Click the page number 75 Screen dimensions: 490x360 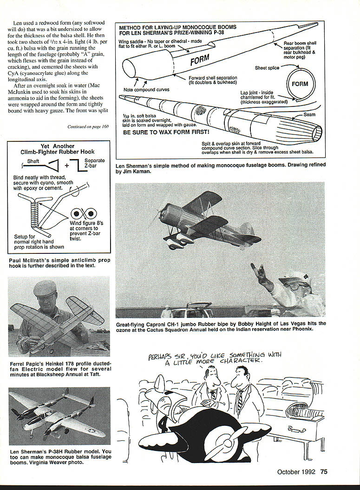tap(324, 472)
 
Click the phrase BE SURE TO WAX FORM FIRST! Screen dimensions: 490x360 tap(161, 132)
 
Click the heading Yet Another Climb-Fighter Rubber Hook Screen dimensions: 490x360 tap(58, 149)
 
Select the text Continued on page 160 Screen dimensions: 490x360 tap(88, 126)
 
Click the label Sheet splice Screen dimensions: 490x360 tap(267, 68)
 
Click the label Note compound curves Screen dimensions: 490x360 tap(146, 89)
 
